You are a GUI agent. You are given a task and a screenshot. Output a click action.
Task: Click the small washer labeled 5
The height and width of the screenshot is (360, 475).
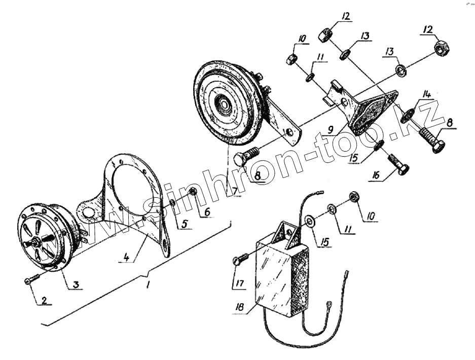click(x=173, y=203)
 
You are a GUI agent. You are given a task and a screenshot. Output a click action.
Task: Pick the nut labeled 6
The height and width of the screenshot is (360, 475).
click(x=193, y=192)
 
